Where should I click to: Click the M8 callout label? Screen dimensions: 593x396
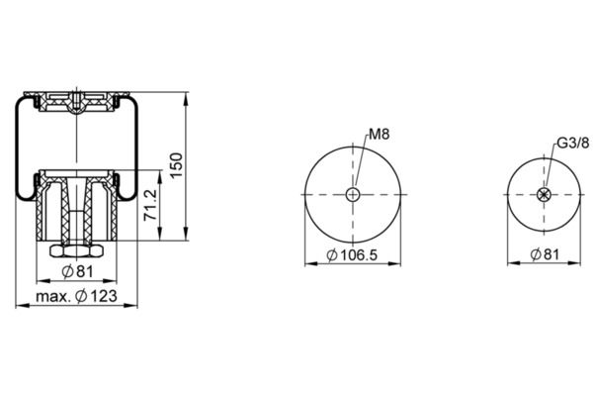point(379,135)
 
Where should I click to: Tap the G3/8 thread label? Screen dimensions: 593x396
point(573,144)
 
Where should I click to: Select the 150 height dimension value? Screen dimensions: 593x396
point(176,165)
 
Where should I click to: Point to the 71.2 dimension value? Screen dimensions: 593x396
point(150,205)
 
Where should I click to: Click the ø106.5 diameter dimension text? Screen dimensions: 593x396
point(352,255)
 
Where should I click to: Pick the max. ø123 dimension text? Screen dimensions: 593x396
point(76,296)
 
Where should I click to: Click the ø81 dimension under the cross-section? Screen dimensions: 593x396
point(77,271)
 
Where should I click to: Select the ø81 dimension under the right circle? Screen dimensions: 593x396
point(545,254)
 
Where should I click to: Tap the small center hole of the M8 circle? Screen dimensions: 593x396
point(353,195)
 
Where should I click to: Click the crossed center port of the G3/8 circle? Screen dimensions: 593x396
point(545,194)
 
